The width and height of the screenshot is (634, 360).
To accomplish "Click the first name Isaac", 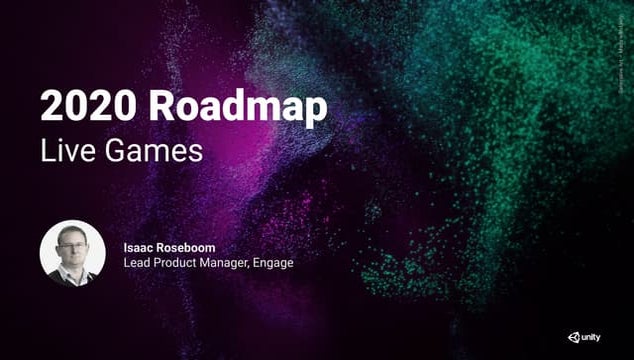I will pyautogui.click(x=139, y=246).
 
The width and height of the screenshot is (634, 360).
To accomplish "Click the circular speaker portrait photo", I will pyautogui.click(x=72, y=254).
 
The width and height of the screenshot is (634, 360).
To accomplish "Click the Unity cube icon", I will pyautogui.click(x=575, y=337).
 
